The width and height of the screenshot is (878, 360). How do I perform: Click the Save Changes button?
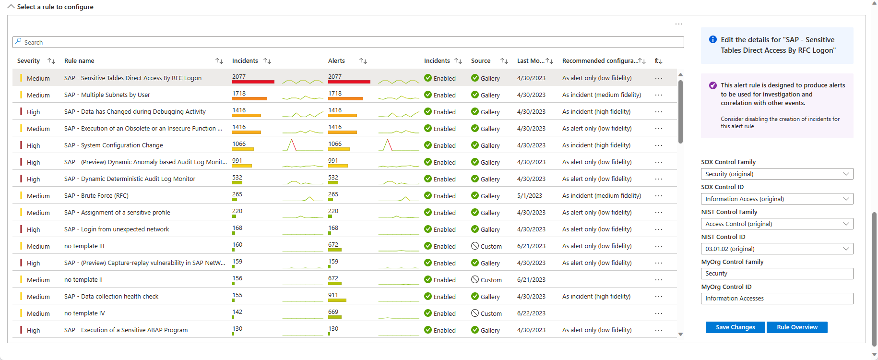[x=735, y=327]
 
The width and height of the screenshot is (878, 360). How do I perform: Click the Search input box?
[x=348, y=42]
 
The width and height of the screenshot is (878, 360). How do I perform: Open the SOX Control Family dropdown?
[x=777, y=174]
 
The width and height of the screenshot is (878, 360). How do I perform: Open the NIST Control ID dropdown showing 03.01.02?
[x=777, y=249]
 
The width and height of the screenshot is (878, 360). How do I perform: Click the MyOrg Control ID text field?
[x=777, y=299]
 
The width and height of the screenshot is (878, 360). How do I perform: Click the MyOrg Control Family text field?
[x=777, y=274]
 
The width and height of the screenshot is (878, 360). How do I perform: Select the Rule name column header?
[x=79, y=61]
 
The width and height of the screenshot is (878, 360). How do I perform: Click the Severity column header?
[x=29, y=61]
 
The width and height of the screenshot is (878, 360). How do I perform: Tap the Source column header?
[x=481, y=61]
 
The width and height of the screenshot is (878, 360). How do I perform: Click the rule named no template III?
[x=84, y=246]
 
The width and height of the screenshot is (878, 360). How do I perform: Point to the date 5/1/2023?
[x=530, y=196]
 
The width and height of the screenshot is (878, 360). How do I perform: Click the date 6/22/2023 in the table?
[x=531, y=313]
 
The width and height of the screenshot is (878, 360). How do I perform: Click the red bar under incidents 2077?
[x=253, y=82]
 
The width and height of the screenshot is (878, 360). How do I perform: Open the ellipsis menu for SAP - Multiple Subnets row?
[x=659, y=95]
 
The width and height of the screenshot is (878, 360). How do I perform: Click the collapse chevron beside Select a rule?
[x=11, y=7]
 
